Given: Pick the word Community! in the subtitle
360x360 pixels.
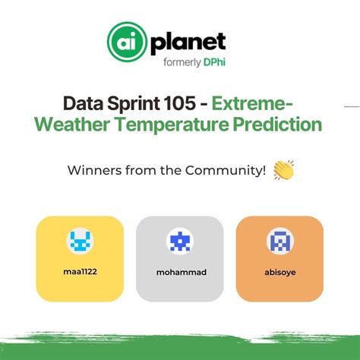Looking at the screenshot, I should point(234,171).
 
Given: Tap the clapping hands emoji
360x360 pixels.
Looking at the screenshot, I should point(283,170).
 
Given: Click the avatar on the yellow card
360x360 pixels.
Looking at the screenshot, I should point(79,241).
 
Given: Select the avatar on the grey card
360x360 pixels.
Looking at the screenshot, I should point(179,241).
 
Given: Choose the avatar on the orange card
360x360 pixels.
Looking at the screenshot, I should point(279,241).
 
